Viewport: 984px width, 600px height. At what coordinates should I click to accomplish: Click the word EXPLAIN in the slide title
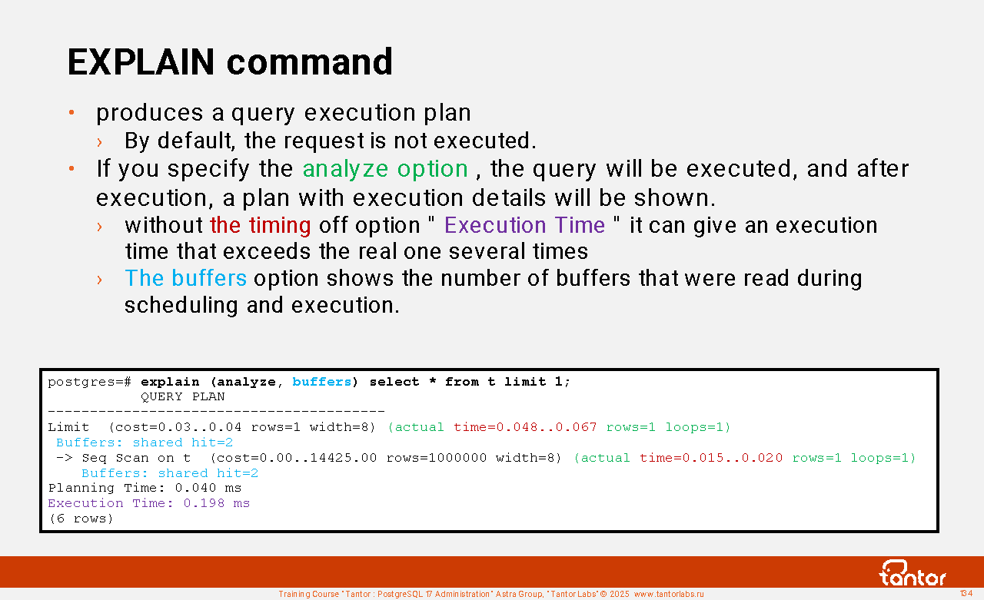click(141, 62)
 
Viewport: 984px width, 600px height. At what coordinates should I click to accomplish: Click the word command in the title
click(310, 62)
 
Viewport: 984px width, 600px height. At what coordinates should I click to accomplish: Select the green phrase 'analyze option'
click(385, 170)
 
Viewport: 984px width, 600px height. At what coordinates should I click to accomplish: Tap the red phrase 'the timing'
click(261, 225)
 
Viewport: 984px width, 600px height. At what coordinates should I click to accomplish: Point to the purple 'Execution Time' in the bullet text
click(524, 225)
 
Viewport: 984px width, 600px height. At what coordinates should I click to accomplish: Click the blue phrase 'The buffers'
click(186, 278)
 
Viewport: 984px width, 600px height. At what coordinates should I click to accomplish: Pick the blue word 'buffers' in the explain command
click(322, 382)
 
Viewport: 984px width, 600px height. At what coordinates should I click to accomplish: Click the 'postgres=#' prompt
click(90, 383)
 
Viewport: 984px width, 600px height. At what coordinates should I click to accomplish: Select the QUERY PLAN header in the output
click(183, 396)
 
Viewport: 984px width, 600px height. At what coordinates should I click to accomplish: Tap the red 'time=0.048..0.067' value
click(525, 427)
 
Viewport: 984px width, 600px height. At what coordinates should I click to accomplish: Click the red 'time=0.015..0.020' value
click(711, 458)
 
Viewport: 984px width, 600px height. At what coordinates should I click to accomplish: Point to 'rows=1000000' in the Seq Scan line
click(437, 458)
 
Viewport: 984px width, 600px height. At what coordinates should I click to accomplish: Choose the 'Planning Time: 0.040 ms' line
click(145, 488)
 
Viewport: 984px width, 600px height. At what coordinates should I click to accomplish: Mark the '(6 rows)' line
click(81, 519)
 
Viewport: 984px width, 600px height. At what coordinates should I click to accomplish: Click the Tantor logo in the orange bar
click(913, 573)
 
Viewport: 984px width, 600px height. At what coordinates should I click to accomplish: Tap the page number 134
click(966, 593)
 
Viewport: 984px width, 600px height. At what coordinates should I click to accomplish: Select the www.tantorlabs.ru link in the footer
click(669, 594)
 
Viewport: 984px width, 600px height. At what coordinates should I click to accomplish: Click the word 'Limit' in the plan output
click(68, 427)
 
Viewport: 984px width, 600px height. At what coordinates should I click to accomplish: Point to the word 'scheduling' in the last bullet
click(181, 306)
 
